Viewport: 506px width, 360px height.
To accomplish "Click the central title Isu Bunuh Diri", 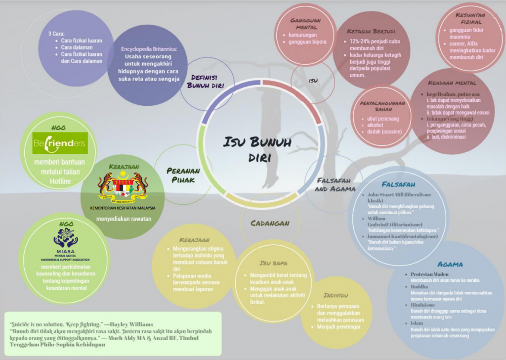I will (x=257, y=150).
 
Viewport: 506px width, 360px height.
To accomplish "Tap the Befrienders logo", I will (x=60, y=143).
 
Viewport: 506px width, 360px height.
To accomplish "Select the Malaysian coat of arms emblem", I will (x=123, y=188).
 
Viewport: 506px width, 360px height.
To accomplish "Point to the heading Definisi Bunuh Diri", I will (x=204, y=81).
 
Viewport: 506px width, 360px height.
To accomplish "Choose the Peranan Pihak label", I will (x=183, y=175).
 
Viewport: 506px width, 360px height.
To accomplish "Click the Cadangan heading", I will (x=270, y=223).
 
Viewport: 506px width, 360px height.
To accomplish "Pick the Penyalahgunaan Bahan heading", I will (x=383, y=106).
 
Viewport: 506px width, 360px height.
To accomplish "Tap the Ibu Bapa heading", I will (x=273, y=263).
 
